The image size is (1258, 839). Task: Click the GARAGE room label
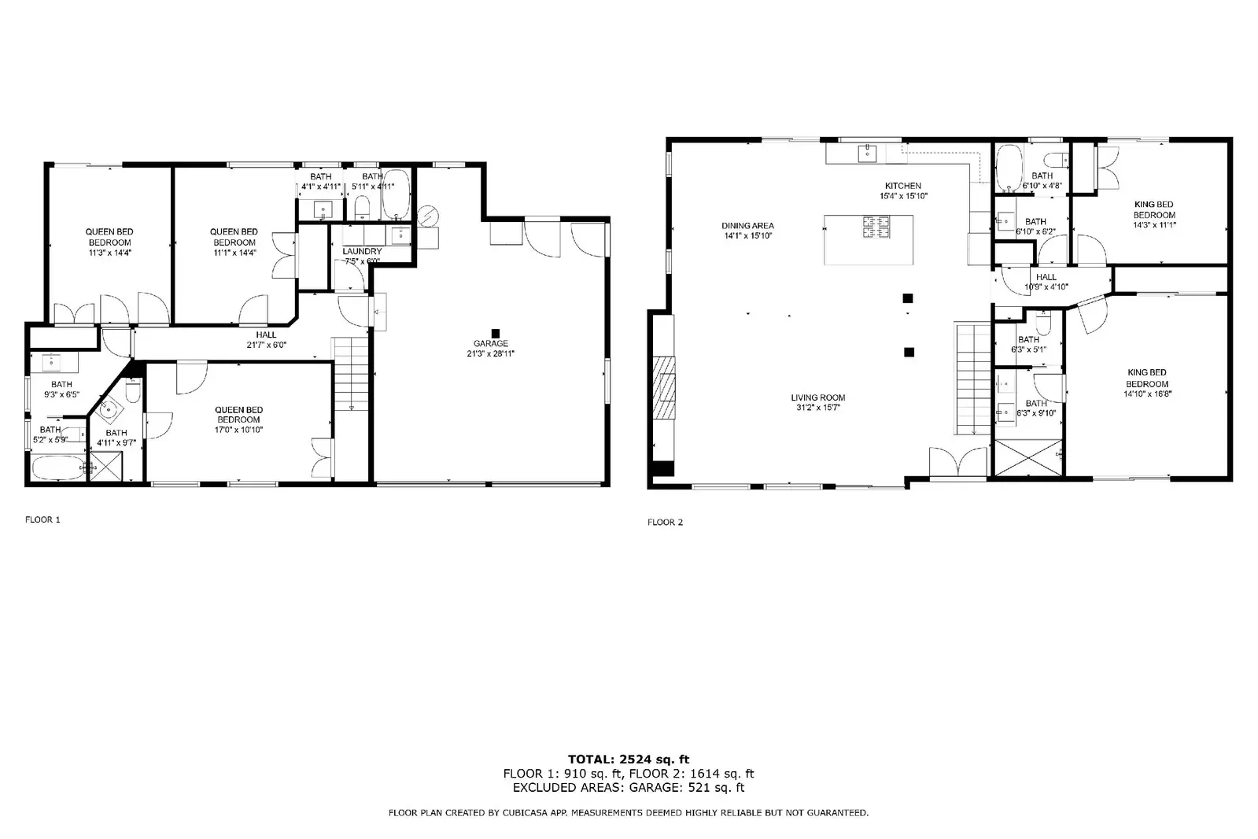tap(491, 343)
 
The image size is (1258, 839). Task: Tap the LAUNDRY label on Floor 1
tap(362, 251)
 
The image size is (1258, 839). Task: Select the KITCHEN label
tap(903, 186)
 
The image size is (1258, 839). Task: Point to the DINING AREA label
tap(747, 226)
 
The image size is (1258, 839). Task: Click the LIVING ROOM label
tap(817, 398)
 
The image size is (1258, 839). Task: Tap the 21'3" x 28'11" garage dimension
tap(491, 354)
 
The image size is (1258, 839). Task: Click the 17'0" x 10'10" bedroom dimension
tap(238, 430)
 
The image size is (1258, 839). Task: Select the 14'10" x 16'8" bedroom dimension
tap(1147, 394)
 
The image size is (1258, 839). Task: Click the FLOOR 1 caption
tap(42, 519)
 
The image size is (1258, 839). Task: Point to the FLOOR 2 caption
tap(666, 523)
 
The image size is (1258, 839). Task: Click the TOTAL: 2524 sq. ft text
tap(629, 760)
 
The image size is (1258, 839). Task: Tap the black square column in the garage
tap(496, 333)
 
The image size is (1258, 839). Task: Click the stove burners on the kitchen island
tap(876, 227)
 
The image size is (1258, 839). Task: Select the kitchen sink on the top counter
tap(868, 152)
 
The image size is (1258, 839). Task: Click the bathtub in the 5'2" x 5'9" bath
tap(59, 468)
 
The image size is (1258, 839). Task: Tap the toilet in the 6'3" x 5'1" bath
tap(1043, 323)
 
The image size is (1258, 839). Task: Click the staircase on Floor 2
tap(973, 379)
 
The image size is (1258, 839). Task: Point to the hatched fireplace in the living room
tap(664, 388)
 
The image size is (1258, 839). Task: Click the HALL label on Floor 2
tap(1046, 277)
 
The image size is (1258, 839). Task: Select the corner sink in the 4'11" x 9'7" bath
tap(109, 411)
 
